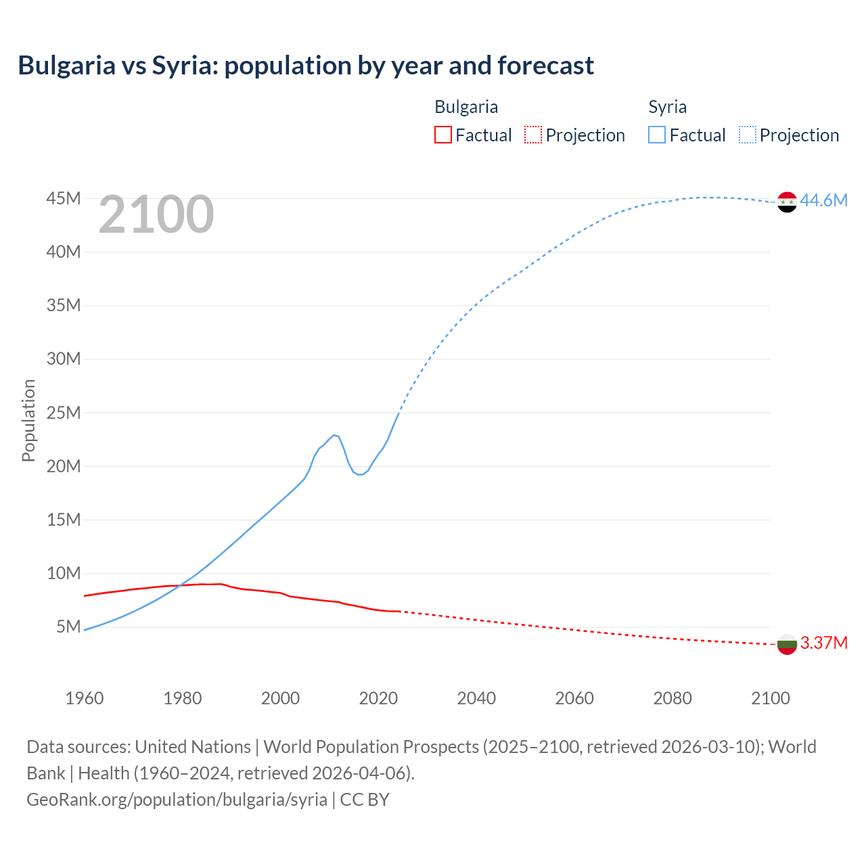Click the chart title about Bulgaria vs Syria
(x=306, y=66)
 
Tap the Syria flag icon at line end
(x=787, y=202)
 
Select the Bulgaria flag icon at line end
(x=787, y=644)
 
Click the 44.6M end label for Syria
(x=823, y=200)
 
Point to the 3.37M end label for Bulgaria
(x=823, y=643)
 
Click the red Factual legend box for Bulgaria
(x=443, y=135)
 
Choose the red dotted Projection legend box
(x=533, y=135)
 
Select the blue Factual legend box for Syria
(x=657, y=135)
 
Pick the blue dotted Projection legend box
(x=748, y=135)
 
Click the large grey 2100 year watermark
(x=156, y=214)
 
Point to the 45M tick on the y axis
(x=64, y=198)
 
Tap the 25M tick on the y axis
(x=64, y=413)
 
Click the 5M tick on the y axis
(x=68, y=626)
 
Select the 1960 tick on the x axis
(x=85, y=698)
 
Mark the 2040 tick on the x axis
(x=476, y=698)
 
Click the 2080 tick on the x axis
(x=673, y=698)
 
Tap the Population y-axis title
(x=28, y=420)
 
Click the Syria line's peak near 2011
(x=334, y=435)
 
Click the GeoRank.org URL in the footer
(x=177, y=799)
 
